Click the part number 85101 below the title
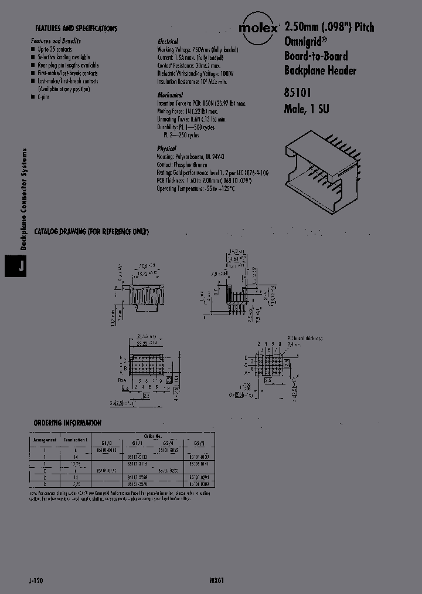(298, 92)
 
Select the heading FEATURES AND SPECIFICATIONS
(76, 28)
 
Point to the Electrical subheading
(169, 42)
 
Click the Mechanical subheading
(170, 95)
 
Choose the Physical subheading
(167, 148)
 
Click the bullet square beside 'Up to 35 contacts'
(33, 50)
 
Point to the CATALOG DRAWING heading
(91, 232)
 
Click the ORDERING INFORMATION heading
(67, 423)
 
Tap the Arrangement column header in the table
(45, 439)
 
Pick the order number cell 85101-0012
(106, 450)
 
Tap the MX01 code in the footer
(216, 579)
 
